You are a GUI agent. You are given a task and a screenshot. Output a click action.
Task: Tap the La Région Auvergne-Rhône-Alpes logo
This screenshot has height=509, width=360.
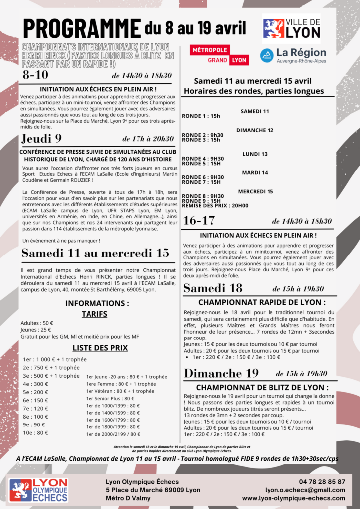[x=293, y=55]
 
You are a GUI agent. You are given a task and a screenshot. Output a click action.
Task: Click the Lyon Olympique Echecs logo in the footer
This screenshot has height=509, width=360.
[x=38, y=490]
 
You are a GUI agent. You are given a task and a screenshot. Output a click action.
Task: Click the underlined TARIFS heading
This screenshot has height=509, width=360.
[x=97, y=314]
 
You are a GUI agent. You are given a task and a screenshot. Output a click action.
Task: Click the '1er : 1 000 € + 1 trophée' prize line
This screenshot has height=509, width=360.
[x=55, y=359]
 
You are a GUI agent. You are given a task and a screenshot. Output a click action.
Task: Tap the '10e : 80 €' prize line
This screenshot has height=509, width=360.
[x=36, y=433]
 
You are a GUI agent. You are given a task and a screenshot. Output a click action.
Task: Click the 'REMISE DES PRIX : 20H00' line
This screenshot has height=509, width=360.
[x=215, y=205]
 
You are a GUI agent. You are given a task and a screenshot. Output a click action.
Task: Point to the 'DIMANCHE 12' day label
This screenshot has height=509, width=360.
[x=255, y=130]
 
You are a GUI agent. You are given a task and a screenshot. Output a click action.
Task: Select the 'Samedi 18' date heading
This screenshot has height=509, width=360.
[x=213, y=288]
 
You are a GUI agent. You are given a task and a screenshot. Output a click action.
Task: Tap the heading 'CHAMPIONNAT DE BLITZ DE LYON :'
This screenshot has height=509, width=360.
[x=262, y=387]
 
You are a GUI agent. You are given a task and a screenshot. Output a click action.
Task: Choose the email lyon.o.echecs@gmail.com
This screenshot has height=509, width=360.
[x=305, y=490]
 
